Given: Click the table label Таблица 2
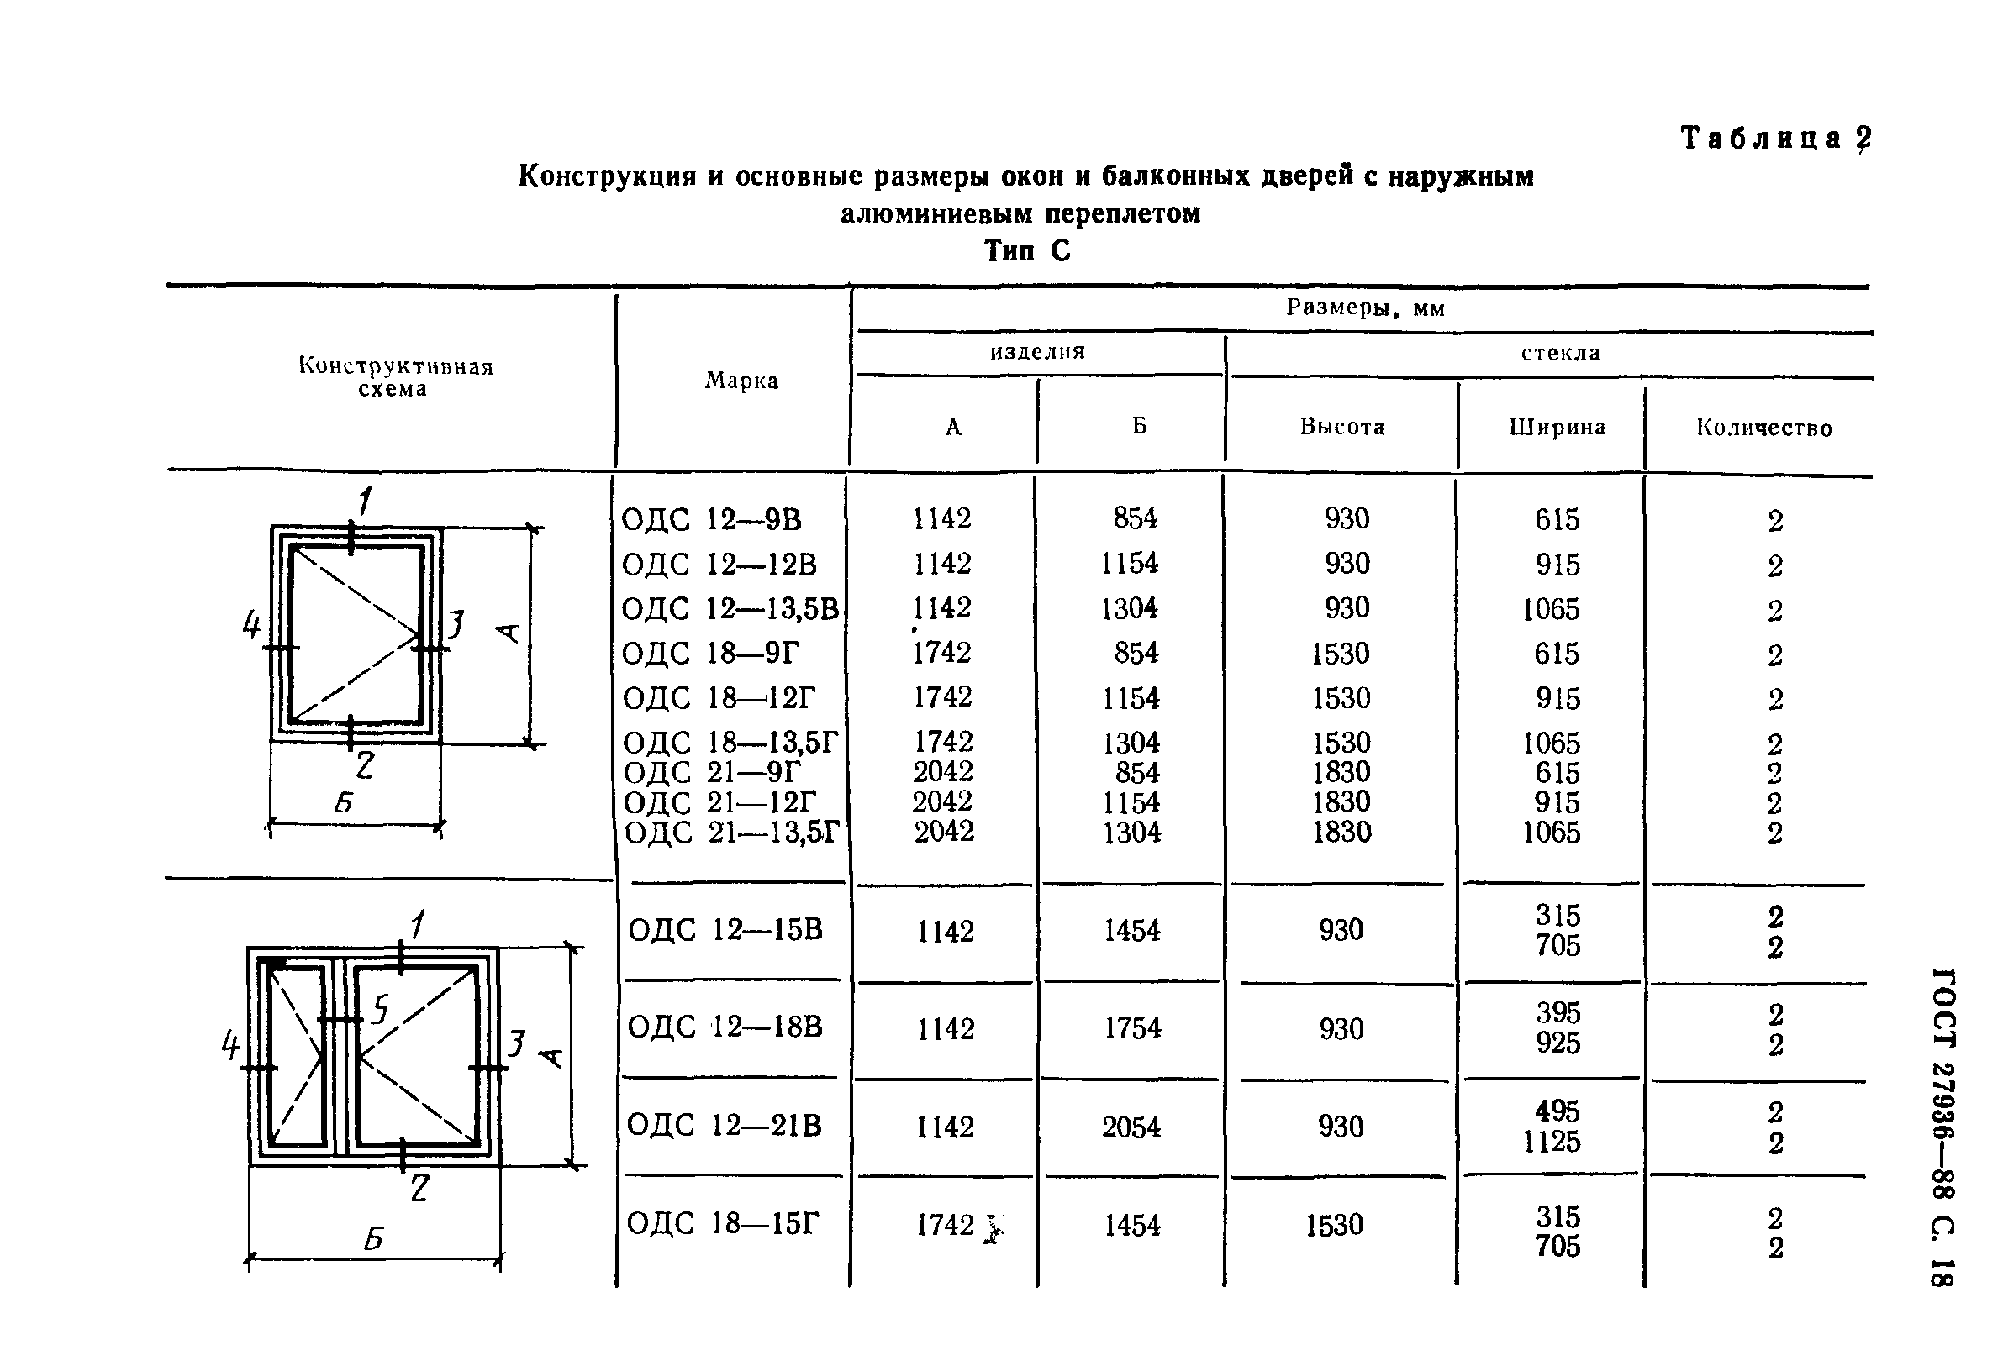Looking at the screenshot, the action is [1774, 138].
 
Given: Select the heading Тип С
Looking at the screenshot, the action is [1026, 250].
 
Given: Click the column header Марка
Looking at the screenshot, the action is [741, 381].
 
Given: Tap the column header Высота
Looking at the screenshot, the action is [1341, 426].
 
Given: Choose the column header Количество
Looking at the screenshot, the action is [1763, 428].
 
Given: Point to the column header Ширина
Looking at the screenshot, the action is [1557, 426].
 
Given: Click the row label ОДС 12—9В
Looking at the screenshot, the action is [710, 520].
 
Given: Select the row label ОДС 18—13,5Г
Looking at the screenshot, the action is [730, 742].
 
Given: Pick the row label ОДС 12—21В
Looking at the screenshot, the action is [725, 1125].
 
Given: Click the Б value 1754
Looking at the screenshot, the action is [1132, 1027].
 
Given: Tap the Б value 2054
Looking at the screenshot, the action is [1131, 1127].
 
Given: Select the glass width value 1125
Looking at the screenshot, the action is [1551, 1142].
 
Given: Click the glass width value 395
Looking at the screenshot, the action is [1558, 1013].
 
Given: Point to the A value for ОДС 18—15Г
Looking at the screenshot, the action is [945, 1225].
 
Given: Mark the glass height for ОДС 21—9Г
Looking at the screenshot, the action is [1341, 772].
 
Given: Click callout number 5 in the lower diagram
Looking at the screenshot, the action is [380, 1009].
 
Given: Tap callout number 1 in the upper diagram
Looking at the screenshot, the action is [365, 501].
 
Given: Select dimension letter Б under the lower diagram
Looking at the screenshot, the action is [372, 1238].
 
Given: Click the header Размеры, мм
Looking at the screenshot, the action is [1364, 308].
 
